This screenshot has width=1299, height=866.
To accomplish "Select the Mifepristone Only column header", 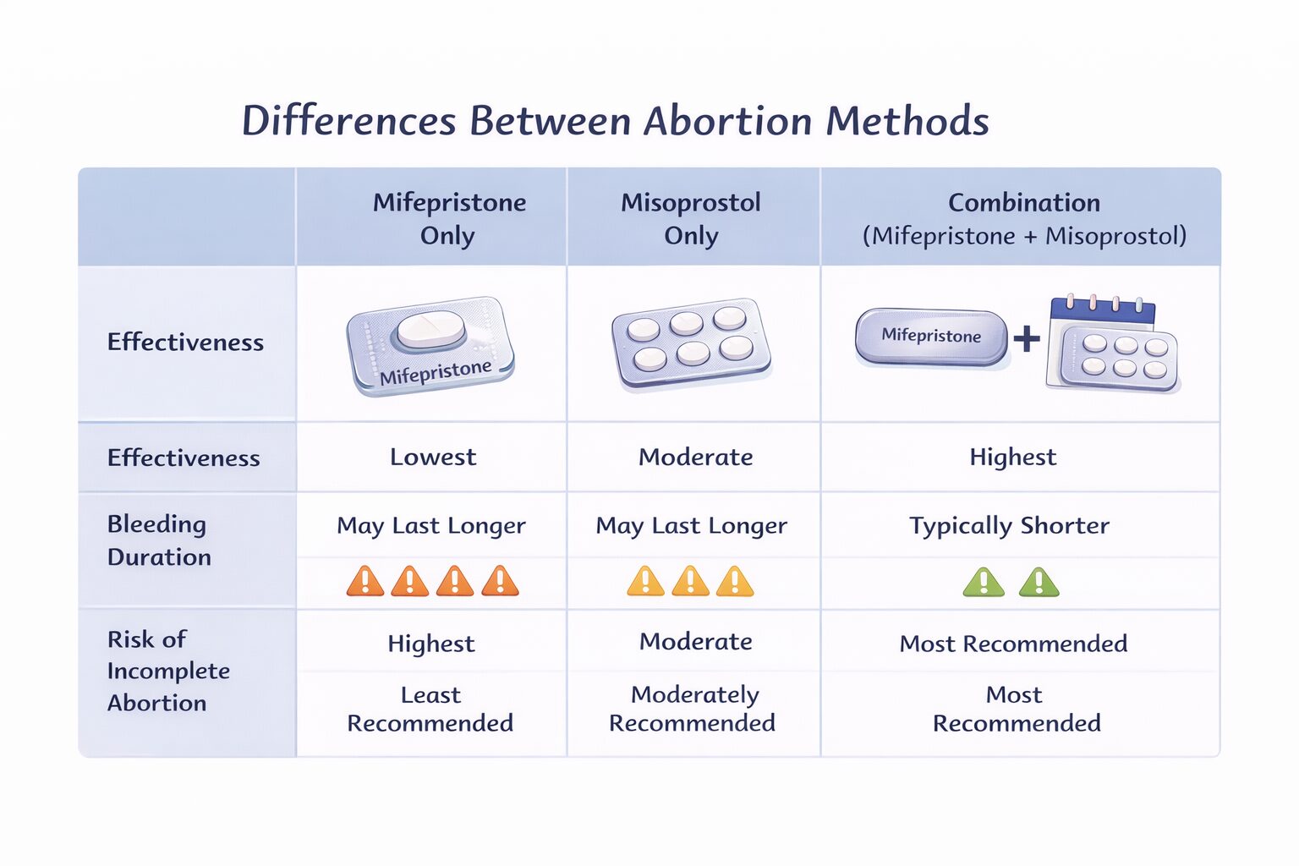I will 449,218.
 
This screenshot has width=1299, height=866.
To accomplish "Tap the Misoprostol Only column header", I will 691,218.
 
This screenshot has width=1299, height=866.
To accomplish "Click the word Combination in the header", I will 1023,203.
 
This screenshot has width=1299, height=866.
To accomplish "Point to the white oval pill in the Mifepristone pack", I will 431,329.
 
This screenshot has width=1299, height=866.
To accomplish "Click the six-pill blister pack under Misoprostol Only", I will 690,343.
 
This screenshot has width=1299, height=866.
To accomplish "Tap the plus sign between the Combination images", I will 1027,339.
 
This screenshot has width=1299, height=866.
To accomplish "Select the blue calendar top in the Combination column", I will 1102,310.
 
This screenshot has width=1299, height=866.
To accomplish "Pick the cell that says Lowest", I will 433,458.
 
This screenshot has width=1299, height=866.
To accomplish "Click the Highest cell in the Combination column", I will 1012,458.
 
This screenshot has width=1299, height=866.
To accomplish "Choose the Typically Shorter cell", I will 1009,526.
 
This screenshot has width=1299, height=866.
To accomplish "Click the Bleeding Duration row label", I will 159,540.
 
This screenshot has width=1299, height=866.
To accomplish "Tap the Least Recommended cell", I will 430,709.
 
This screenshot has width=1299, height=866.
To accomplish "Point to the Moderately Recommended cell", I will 692,709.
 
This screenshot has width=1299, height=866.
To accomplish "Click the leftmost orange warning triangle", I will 365,582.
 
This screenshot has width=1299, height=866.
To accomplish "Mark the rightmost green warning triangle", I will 1039,583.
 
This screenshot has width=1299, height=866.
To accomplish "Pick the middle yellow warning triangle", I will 690,582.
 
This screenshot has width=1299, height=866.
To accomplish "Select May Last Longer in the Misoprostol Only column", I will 691,526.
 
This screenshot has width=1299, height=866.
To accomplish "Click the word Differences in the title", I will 348,121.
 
